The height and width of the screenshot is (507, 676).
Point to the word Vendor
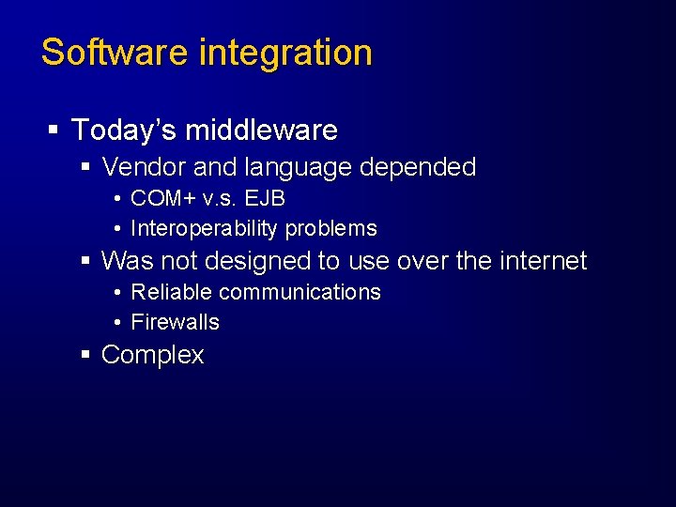144,168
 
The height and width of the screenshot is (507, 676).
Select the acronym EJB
265,199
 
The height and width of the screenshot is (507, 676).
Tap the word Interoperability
205,229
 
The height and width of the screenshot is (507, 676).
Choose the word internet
541,261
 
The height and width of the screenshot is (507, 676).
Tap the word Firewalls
175,322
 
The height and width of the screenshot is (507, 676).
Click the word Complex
152,355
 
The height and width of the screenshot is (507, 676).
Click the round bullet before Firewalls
116,323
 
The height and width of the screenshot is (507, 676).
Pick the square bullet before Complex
85,355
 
